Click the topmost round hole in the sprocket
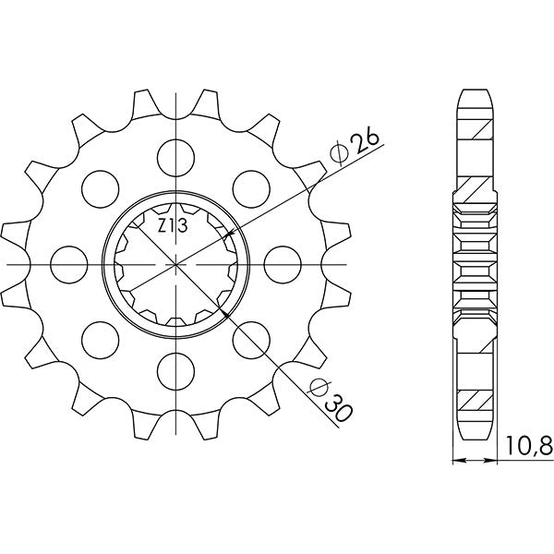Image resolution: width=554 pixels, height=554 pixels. (175, 152)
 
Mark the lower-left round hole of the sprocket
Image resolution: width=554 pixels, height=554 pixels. (97, 337)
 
